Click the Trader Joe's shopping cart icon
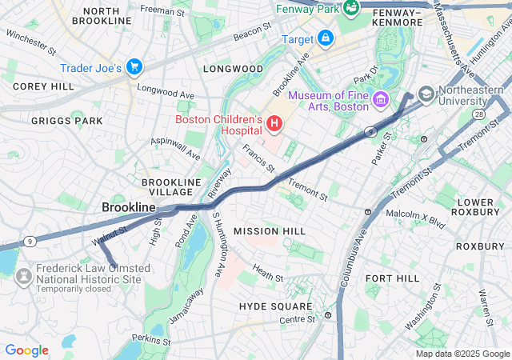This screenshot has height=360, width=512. [x=134, y=66]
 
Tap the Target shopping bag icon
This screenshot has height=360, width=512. [x=326, y=38]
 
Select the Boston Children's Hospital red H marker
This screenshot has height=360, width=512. [x=274, y=123]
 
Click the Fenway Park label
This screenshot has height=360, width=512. [x=306, y=9]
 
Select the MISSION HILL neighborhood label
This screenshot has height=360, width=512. [x=269, y=231]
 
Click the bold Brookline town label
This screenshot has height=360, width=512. [x=128, y=207]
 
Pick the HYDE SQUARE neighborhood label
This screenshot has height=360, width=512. [x=274, y=306]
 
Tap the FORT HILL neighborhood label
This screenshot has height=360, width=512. [x=392, y=278]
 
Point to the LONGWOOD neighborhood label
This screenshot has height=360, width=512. [x=233, y=69]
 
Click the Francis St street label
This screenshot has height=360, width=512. [x=258, y=158]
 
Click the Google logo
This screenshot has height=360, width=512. [x=26, y=350]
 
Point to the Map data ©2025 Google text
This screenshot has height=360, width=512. [x=462, y=354]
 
